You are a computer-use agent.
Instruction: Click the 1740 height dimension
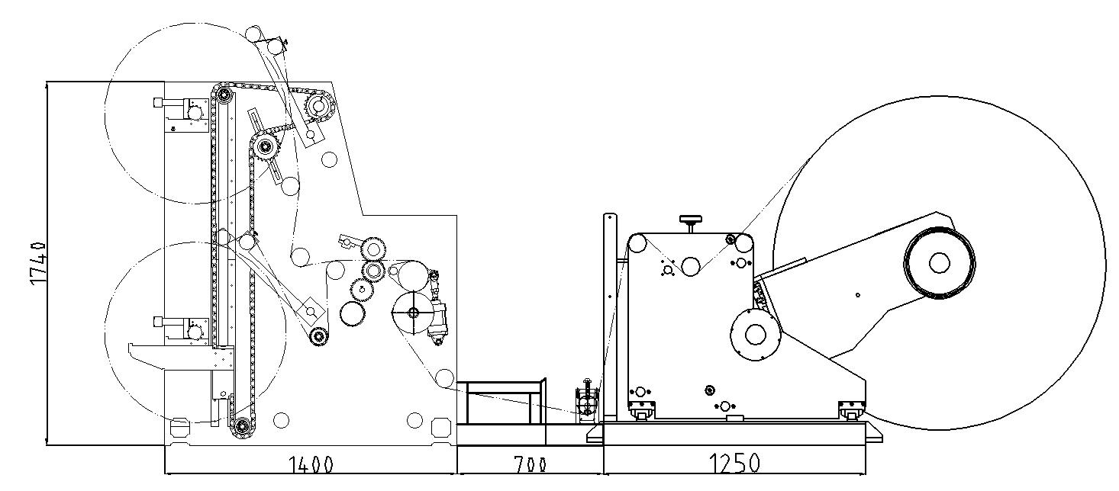point(38,264)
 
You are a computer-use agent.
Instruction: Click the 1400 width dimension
point(311,465)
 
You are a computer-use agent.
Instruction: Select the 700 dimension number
point(530,465)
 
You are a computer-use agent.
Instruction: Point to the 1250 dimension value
point(735,464)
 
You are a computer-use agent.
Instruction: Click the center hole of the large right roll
point(939,263)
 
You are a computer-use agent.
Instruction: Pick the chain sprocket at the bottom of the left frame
point(243,426)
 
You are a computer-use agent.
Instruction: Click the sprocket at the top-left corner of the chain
point(224,94)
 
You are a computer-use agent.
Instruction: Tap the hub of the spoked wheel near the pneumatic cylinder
point(413,313)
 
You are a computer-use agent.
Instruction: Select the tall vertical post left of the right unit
point(610,317)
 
